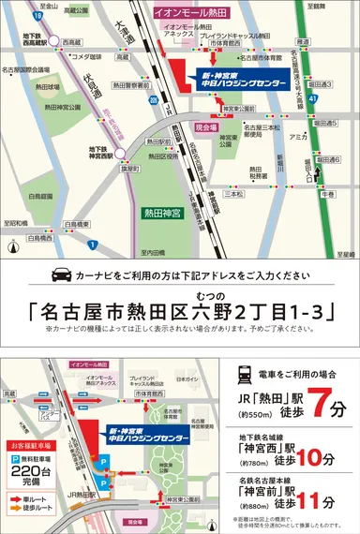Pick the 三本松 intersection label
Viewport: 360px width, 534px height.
click(x=233, y=195)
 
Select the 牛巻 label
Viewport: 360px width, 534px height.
click(x=326, y=196)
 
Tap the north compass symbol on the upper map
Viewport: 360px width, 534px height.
click(x=12, y=248)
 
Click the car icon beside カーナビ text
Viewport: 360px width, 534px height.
click(x=59, y=275)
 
